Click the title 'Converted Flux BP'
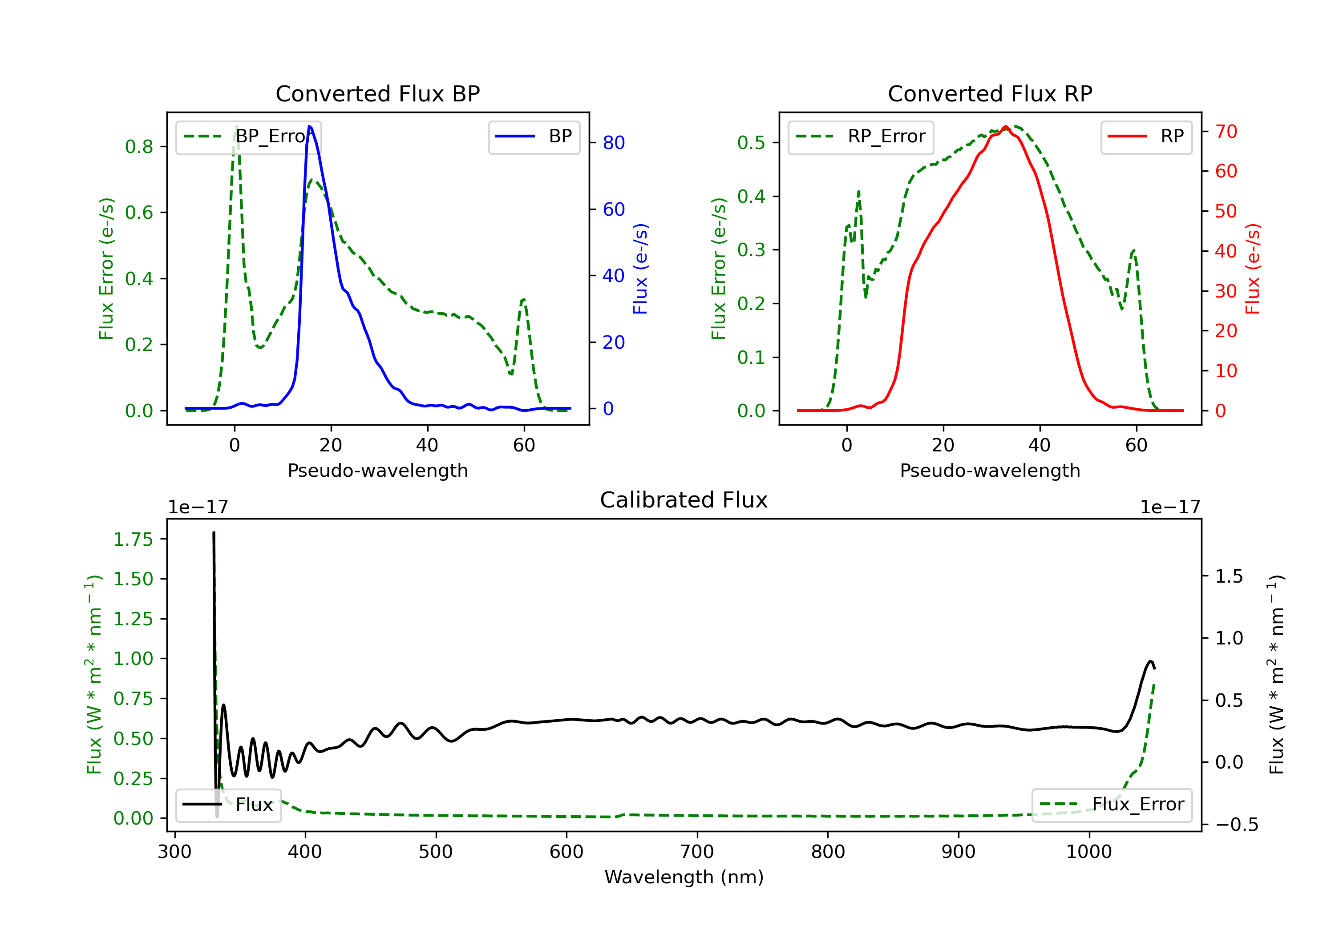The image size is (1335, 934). (x=377, y=93)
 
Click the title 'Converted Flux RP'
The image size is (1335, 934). (x=990, y=93)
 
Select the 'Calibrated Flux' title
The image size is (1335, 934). (x=684, y=500)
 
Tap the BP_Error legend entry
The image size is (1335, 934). (x=248, y=137)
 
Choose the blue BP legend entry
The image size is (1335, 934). (x=534, y=137)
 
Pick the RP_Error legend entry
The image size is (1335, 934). (x=861, y=137)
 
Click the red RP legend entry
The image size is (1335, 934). (x=1146, y=137)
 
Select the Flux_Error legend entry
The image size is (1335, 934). (x=1112, y=805)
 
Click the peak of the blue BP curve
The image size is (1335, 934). (x=309, y=126)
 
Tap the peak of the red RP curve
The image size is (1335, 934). (x=1006, y=126)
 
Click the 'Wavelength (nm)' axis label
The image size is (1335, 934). (x=684, y=877)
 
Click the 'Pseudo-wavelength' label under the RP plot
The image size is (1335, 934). (x=990, y=470)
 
